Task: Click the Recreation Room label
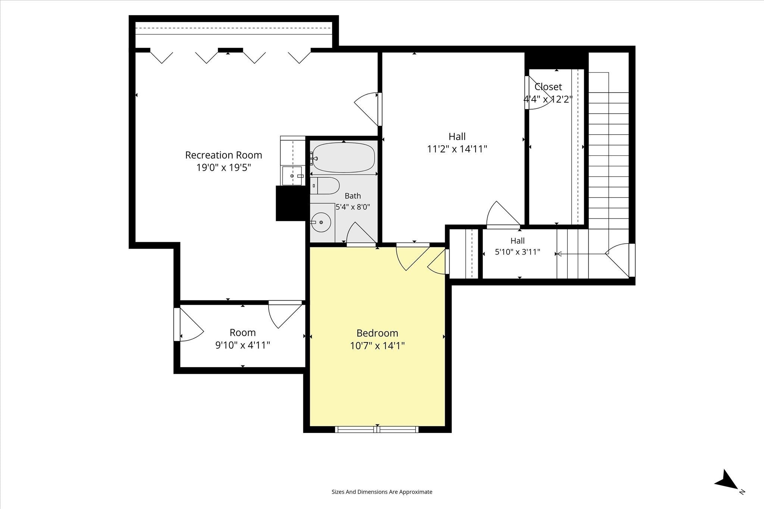tap(223, 155)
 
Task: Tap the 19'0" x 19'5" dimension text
tap(223, 168)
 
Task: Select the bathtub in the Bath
tap(343, 158)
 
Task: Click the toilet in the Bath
tap(325, 186)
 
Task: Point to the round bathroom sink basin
tap(321, 222)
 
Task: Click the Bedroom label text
tap(377, 333)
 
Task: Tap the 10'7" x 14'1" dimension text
tap(377, 346)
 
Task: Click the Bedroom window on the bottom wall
tap(377, 429)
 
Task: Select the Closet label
tap(548, 87)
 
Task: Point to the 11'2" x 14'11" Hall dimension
tap(457, 149)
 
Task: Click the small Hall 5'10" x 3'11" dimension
tap(517, 252)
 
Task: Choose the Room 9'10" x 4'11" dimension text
tap(242, 345)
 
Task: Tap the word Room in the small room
tap(242, 332)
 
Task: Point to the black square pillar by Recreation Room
tap(291, 203)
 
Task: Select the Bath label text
tap(353, 196)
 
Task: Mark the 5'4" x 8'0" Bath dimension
tap(353, 207)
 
